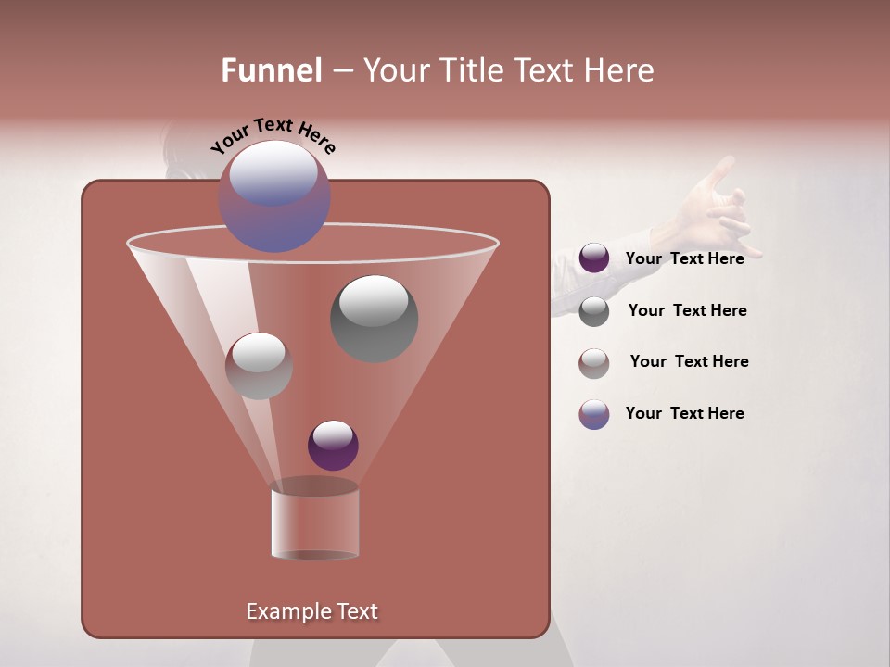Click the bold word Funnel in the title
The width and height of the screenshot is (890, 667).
point(272,70)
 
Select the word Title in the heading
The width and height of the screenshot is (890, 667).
point(472,70)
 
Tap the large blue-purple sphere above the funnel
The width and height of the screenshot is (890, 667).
point(274,196)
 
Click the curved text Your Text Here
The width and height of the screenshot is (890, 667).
point(273,135)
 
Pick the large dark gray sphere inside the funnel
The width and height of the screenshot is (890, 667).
point(375,319)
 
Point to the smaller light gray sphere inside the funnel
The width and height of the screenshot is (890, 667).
point(259,366)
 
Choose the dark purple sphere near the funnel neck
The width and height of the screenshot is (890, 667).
point(333,445)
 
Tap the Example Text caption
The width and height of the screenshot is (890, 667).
point(311,611)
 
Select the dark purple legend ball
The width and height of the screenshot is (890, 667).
point(594,258)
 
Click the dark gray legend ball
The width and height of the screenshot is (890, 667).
point(594,311)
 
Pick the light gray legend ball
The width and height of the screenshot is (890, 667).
point(594,363)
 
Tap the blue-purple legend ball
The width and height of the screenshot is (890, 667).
point(594,414)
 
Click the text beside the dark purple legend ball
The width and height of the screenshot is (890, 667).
point(684,258)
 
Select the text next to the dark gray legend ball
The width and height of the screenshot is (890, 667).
point(687,310)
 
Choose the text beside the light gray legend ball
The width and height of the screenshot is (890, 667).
point(689,361)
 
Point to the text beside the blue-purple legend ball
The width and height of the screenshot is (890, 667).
point(684,413)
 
